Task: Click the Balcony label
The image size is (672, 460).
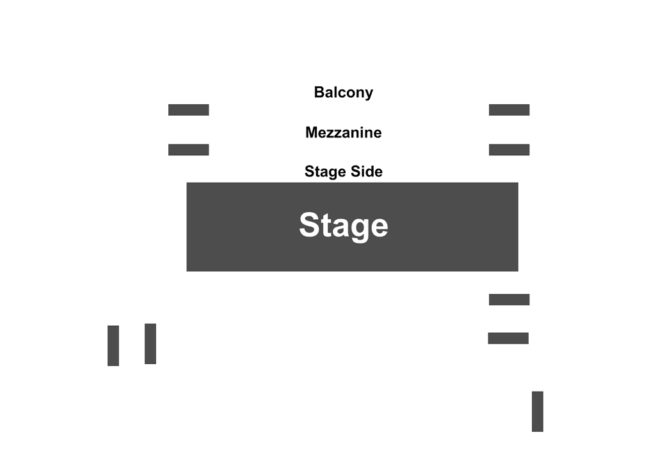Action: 343,93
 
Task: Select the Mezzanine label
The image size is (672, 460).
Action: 343,133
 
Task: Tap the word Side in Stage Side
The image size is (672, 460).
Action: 367,172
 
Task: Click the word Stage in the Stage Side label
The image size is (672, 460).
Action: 326,172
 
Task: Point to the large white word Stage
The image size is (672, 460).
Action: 344,226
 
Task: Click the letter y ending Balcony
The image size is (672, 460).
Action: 369,94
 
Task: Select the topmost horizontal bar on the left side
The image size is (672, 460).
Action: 189,110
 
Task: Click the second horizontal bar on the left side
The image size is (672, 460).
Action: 189,149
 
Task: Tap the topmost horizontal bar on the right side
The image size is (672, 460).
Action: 509,110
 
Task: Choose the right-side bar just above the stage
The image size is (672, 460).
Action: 509,149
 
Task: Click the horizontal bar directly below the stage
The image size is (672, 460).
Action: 509,300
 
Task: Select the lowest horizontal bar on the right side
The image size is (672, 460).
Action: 508,338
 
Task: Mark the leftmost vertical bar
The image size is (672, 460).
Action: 113,346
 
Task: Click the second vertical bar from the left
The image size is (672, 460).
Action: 150,344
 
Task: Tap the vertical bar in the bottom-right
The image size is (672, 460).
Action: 538,411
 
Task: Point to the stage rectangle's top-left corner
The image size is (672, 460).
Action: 187,183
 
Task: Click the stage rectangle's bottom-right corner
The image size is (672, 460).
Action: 518,271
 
